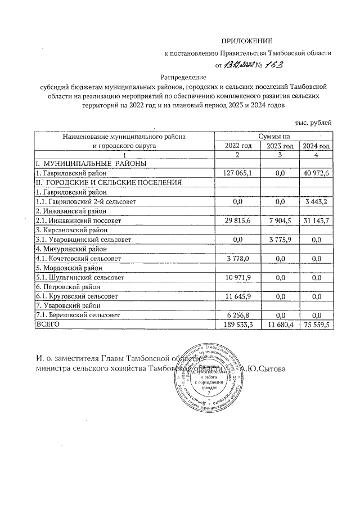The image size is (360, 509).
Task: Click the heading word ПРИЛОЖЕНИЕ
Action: click(x=246, y=41)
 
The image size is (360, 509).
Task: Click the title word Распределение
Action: click(x=183, y=77)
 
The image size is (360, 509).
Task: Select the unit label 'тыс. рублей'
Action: click(x=313, y=122)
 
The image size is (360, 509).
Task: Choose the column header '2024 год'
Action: click(x=316, y=146)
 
